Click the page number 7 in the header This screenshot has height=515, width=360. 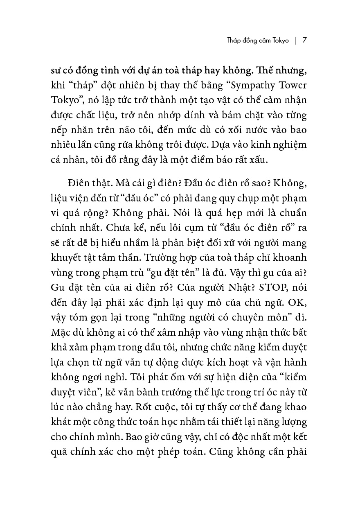304,41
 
